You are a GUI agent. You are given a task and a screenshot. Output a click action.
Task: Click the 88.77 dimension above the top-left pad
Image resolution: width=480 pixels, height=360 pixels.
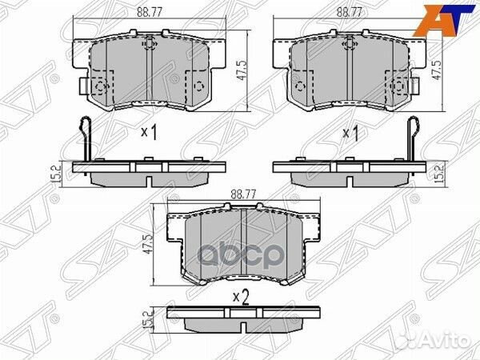click(144, 12)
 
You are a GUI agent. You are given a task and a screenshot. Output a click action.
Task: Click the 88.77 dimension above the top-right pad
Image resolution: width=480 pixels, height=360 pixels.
click(347, 12)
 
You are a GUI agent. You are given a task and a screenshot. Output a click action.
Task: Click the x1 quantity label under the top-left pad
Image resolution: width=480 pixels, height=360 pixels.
click(148, 134)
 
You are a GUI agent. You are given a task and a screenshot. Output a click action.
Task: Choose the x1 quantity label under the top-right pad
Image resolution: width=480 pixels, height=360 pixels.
click(350, 134)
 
